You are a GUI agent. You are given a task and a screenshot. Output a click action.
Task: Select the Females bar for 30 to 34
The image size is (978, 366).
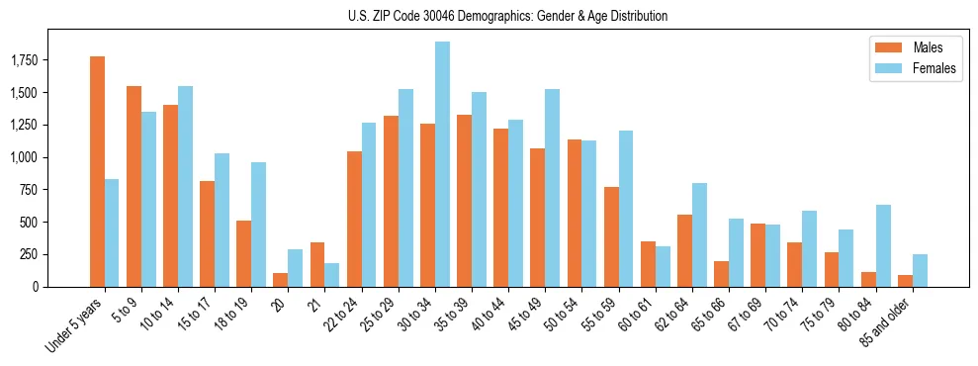click(442, 164)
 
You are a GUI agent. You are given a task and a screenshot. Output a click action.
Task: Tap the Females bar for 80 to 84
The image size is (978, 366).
click(883, 245)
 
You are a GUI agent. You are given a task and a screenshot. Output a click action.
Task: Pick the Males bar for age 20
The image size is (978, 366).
click(281, 280)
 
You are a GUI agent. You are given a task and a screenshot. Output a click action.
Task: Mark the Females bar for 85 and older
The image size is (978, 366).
click(920, 270)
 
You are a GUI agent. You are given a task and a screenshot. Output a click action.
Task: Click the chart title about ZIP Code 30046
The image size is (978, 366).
click(507, 16)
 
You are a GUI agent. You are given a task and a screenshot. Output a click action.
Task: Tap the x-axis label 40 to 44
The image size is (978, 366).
click(493, 314)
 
